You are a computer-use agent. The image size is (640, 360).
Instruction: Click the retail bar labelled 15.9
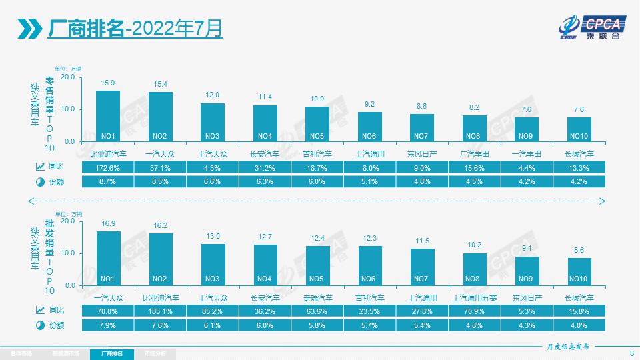click(108, 116)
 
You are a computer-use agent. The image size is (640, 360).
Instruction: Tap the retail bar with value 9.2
click(370, 127)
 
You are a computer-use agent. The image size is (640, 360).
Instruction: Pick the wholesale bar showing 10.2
click(475, 269)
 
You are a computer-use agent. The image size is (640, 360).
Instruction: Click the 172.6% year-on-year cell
click(108, 167)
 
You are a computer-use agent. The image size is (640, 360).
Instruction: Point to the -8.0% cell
click(370, 167)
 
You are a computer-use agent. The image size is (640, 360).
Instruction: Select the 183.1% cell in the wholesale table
click(161, 310)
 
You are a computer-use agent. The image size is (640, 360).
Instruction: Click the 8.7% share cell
click(108, 181)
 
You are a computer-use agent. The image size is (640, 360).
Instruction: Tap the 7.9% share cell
click(108, 325)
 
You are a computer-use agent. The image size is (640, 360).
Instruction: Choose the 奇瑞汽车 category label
click(317, 297)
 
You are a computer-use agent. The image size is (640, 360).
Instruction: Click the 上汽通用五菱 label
click(475, 297)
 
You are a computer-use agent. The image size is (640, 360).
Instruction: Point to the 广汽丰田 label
click(475, 154)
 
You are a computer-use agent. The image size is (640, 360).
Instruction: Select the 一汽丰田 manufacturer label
click(527, 154)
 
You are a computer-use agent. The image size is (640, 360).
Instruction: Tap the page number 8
click(631, 353)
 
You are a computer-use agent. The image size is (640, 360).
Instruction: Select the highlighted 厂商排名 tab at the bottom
click(112, 353)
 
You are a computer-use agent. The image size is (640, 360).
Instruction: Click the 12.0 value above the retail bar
click(213, 95)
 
